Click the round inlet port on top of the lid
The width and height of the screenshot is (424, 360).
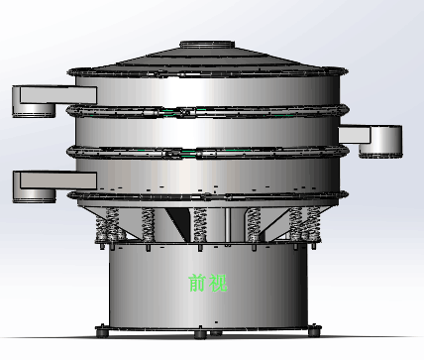click(x=207, y=45)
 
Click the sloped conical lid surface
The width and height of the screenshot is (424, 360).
click(x=207, y=60)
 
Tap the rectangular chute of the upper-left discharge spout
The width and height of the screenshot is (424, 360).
click(x=58, y=94)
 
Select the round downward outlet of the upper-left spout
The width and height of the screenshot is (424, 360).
click(x=34, y=110)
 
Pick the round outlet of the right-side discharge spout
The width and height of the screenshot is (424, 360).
click(x=380, y=141)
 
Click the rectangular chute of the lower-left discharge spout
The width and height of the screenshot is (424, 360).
click(x=58, y=180)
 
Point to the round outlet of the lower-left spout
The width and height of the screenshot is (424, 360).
click(x=35, y=195)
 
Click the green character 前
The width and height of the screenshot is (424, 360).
click(x=197, y=283)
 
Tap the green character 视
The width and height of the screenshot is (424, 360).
click(x=219, y=283)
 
